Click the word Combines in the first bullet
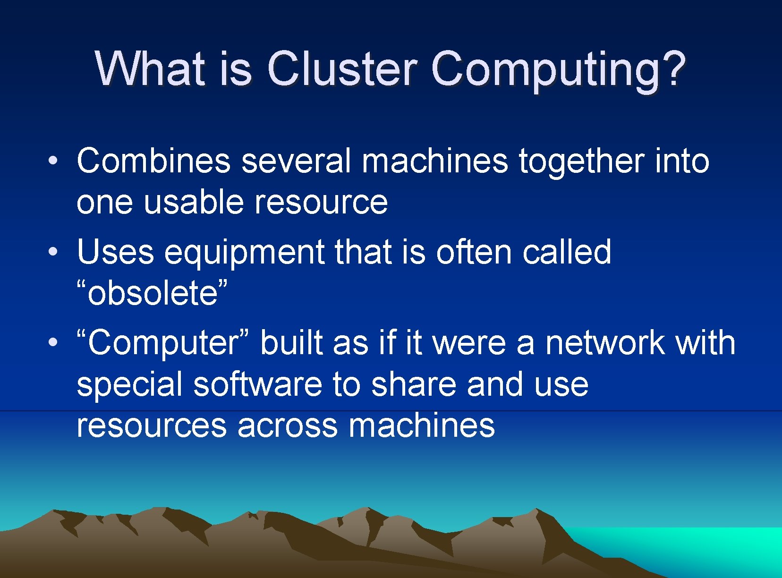click(x=153, y=161)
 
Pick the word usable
click(x=195, y=202)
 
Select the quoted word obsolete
click(x=152, y=293)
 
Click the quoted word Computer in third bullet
click(x=163, y=343)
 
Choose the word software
click(x=257, y=384)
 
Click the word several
click(x=296, y=161)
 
